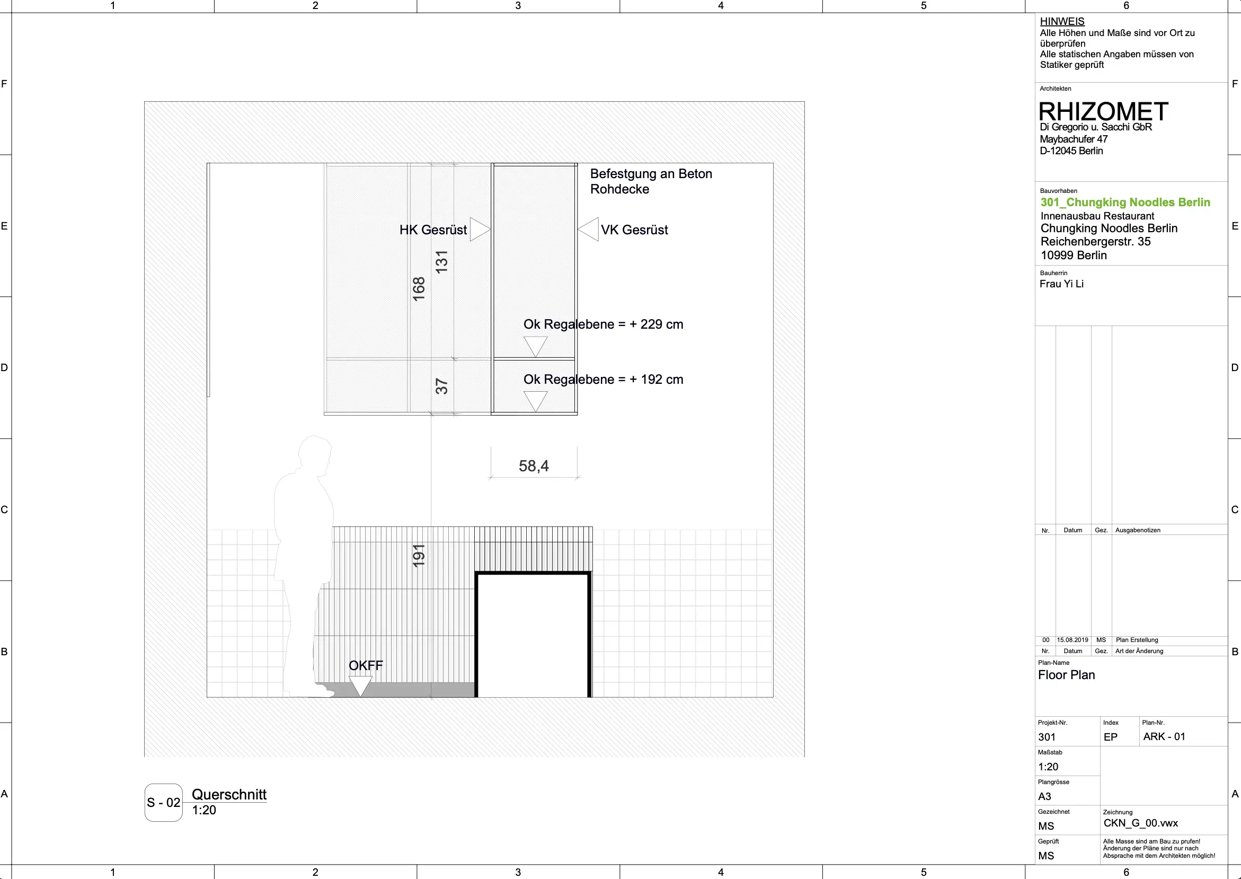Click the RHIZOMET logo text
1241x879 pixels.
1103,111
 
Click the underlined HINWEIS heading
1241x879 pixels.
1062,22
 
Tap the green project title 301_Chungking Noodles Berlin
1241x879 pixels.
1125,203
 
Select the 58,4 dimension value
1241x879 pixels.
534,466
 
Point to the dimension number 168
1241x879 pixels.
419,289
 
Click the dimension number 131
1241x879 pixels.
441,262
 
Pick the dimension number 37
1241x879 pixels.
441,386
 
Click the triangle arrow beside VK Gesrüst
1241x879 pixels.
588,230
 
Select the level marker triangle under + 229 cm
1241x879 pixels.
536,347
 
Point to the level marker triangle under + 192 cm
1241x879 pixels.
536,402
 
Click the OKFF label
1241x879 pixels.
366,666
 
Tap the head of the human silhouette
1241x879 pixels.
315,454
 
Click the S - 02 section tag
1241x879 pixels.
163,803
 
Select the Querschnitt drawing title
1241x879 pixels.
229,795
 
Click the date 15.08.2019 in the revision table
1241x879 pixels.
1072,640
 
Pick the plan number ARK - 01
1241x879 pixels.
1164,736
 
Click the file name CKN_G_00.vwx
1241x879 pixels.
1141,823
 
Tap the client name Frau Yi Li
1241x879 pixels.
1061,284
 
